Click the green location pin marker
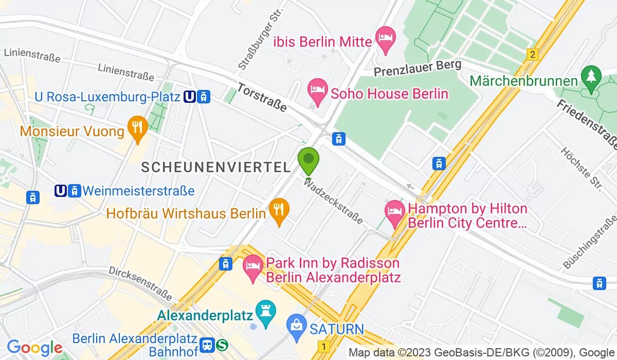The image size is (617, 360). pyautogui.click(x=308, y=160)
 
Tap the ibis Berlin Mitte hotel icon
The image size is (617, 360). pyautogui.click(x=385, y=39)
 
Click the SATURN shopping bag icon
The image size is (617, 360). pyautogui.click(x=297, y=327)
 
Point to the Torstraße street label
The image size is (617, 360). pyautogui.click(x=263, y=98)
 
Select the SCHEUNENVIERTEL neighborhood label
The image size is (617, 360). pyautogui.click(x=216, y=167)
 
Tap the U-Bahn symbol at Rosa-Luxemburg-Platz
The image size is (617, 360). pyautogui.click(x=189, y=96)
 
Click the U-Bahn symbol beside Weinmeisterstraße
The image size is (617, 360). pyautogui.click(x=61, y=191)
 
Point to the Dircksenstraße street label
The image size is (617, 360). pyautogui.click(x=140, y=283)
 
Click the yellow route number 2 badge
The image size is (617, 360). pyautogui.click(x=532, y=55)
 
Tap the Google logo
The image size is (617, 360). pyautogui.click(x=34, y=348)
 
